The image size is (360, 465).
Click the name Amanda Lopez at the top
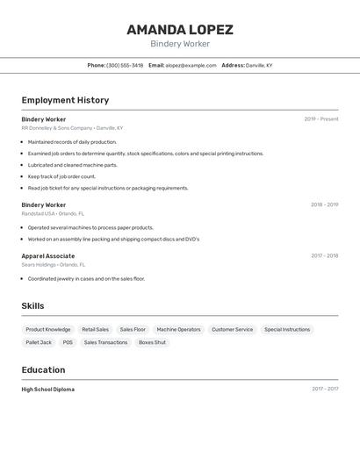179,30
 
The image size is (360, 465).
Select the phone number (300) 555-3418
125,65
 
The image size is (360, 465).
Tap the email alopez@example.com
191,65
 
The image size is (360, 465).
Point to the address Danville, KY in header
259,65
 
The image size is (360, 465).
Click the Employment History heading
65,100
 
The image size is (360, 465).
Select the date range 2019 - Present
321,119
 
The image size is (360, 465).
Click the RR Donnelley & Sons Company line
72,128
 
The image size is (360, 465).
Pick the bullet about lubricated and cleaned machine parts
72,165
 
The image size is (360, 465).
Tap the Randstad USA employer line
53,213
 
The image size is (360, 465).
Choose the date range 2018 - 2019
324,205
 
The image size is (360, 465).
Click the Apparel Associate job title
48,256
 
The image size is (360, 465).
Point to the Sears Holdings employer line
54,264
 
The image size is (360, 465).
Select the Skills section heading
32,306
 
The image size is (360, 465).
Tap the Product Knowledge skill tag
48,330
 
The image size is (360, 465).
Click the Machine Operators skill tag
178,330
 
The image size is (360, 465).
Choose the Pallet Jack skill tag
39,342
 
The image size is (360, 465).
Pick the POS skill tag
68,342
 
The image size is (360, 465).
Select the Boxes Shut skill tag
152,342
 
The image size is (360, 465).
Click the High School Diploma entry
48,390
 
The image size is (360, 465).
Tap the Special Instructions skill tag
287,330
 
